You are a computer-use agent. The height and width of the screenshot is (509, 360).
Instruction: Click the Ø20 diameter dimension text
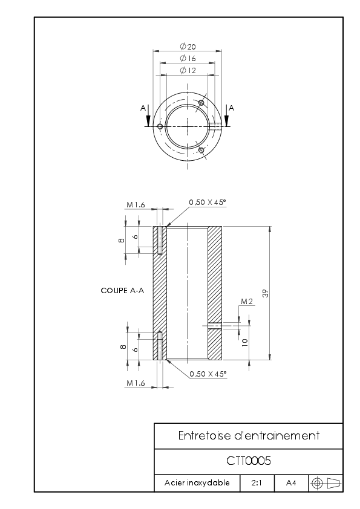pyautogui.click(x=188, y=47)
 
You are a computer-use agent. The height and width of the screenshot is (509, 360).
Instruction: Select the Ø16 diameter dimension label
pyautogui.click(x=188, y=59)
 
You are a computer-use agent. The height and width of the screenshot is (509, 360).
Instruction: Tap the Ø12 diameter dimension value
pyautogui.click(x=188, y=71)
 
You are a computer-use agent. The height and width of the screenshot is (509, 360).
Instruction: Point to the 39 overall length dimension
pyautogui.click(x=266, y=293)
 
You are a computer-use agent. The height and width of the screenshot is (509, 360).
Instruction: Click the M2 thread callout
pyautogui.click(x=247, y=302)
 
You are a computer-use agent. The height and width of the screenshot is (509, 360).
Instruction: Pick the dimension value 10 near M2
pyautogui.click(x=245, y=342)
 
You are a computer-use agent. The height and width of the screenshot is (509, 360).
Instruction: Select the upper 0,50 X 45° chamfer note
pyautogui.click(x=208, y=203)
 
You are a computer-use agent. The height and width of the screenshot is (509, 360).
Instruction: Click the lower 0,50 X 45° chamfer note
pyautogui.click(x=208, y=374)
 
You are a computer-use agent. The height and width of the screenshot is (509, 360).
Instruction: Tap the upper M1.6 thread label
pyautogui.click(x=136, y=205)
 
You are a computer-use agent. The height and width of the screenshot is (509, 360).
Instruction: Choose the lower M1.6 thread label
pyautogui.click(x=136, y=383)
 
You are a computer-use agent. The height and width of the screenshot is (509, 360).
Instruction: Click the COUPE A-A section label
pyautogui.click(x=122, y=291)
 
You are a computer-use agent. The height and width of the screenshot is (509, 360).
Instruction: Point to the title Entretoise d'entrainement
pyautogui.click(x=249, y=435)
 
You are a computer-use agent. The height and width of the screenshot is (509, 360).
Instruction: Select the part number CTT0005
pyautogui.click(x=249, y=461)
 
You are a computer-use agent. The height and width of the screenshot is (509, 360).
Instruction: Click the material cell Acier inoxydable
pyautogui.click(x=197, y=483)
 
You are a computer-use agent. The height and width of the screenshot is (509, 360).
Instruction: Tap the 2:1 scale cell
pyautogui.click(x=257, y=483)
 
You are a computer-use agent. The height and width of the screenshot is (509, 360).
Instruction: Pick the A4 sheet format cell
pyautogui.click(x=291, y=483)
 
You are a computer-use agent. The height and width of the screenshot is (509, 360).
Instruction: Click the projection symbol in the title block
pyautogui.click(x=326, y=484)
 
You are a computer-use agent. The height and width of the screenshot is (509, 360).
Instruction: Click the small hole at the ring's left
pyautogui.click(x=160, y=126)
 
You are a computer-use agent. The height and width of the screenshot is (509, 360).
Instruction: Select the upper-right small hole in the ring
pyautogui.click(x=201, y=103)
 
